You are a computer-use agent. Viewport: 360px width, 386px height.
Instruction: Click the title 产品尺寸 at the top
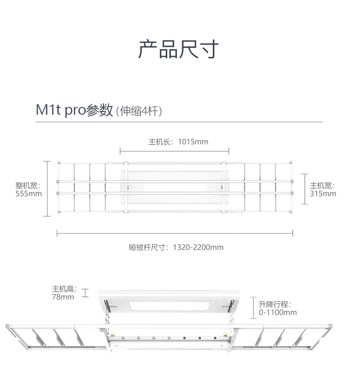[179, 49]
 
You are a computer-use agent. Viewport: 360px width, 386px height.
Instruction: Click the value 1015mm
[193, 142]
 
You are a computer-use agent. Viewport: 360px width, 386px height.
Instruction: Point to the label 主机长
[160, 142]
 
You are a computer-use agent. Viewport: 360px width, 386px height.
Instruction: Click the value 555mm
[29, 193]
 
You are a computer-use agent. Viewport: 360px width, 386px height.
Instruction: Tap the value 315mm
[323, 193]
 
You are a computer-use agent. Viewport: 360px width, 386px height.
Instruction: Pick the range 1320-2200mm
[198, 248]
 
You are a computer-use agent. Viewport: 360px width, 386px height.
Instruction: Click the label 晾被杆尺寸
[148, 248]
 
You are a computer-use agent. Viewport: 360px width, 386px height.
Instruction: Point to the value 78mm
[63, 297]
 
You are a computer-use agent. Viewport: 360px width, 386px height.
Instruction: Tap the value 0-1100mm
[278, 313]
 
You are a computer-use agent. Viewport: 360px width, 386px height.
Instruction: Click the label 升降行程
[274, 305]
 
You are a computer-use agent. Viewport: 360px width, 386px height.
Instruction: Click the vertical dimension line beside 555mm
[47, 188]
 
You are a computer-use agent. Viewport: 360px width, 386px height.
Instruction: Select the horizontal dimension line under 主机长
[175, 151]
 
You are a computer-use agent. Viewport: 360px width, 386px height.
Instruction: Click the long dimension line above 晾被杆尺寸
[175, 234]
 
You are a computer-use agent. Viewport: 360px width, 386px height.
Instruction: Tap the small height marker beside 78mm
[85, 293]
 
